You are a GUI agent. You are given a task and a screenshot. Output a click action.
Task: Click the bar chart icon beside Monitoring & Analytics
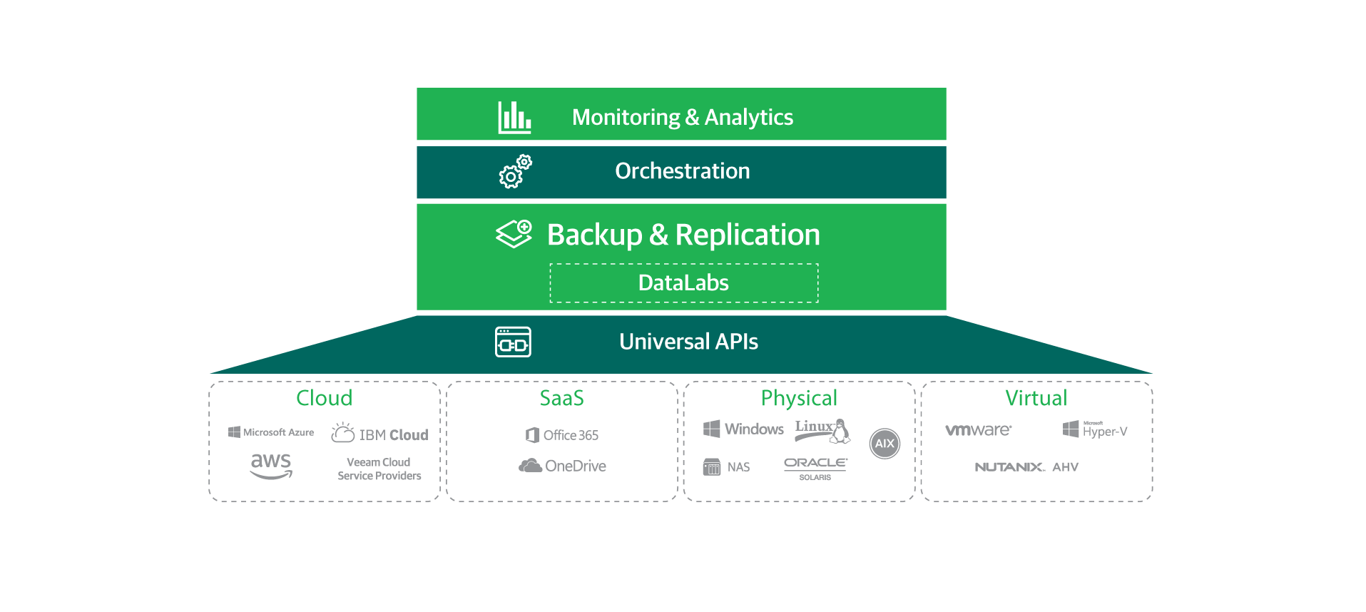pos(514,117)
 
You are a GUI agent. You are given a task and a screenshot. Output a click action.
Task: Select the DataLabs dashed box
pos(683,283)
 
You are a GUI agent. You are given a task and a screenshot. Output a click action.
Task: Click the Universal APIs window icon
pos(513,342)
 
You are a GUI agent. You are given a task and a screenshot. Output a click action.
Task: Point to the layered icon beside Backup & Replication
pos(514,234)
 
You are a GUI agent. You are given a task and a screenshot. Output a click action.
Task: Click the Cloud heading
pos(324,398)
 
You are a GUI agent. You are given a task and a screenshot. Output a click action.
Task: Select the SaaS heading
pos(561,398)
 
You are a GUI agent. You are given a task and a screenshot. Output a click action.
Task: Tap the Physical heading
pos(798,398)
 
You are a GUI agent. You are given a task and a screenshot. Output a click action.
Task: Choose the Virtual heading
pos(1036,398)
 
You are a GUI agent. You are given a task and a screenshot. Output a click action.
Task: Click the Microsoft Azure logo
pos(271,432)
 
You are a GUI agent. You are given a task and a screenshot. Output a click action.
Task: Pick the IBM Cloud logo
pos(379,434)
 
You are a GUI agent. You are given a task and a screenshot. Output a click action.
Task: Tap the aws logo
pos(271,465)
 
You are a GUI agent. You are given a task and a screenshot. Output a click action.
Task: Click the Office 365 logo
pos(562,435)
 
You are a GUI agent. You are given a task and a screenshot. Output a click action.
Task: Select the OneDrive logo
pos(562,466)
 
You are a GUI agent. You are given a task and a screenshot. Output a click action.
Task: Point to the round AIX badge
pos(885,444)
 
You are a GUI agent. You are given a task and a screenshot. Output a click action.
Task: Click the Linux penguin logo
pos(822,430)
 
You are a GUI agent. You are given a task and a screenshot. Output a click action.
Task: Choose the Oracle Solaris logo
pos(815,468)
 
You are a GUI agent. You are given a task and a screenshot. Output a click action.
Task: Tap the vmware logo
pos(978,430)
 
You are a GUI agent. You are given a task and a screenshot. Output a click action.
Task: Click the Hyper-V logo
pos(1095,429)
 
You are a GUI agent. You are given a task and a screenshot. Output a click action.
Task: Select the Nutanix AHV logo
pos(1026,467)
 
